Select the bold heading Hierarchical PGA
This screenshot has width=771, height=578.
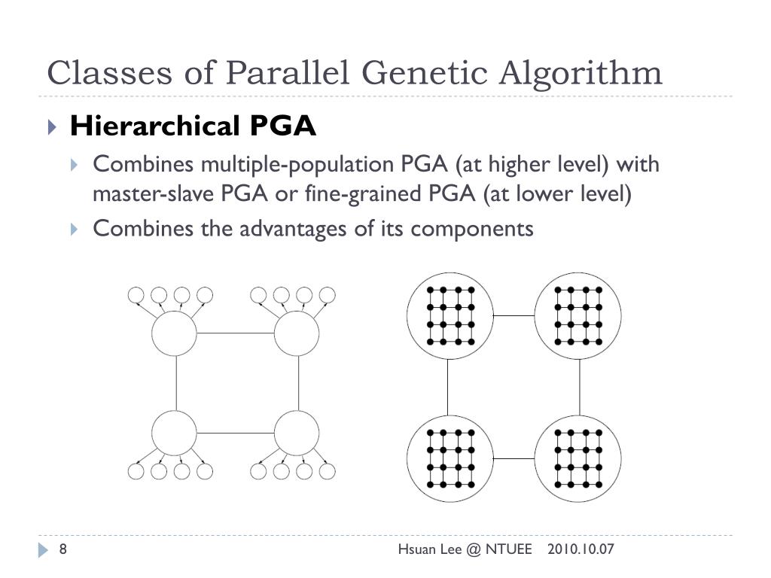point(193,126)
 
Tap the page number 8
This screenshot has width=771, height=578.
point(63,549)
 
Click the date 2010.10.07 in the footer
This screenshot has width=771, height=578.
point(581,549)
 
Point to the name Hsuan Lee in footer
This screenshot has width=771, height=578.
point(425,549)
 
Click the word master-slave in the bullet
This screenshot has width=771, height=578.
point(154,194)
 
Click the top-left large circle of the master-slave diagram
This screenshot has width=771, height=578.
point(174,333)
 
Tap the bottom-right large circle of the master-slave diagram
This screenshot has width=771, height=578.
point(297,433)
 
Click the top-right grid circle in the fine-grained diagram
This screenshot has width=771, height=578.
point(578,315)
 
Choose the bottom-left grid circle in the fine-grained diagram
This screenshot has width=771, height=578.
point(449,458)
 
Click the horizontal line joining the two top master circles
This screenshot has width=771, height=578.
point(235,333)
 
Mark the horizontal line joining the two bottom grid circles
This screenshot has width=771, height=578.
point(514,458)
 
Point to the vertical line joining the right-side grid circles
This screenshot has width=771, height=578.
point(579,386)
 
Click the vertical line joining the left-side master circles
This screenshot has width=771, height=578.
point(175,383)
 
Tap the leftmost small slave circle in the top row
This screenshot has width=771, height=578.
point(136,295)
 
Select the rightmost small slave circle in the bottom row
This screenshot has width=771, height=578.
point(327,472)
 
